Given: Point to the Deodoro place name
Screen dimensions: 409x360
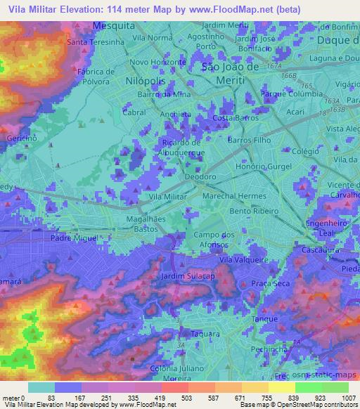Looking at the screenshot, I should pos(200,177).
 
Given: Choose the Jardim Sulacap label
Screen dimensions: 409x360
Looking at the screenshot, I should pos(187,275).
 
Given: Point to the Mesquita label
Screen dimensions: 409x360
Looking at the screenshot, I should pos(113,25).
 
